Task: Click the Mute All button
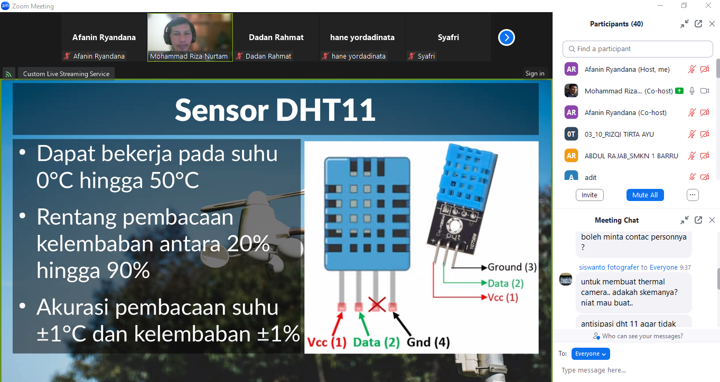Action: click(x=645, y=195)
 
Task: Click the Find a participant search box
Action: click(x=638, y=49)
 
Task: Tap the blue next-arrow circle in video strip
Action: click(x=507, y=37)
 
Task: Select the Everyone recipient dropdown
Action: click(x=591, y=354)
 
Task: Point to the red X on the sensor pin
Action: click(x=377, y=304)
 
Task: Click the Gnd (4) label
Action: click(x=428, y=342)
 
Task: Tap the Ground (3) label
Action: click(x=512, y=267)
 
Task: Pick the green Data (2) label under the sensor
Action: click(x=376, y=342)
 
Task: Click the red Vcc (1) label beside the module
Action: click(x=503, y=297)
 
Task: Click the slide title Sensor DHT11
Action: click(x=275, y=110)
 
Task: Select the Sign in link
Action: click(x=535, y=73)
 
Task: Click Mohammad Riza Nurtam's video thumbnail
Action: click(x=190, y=37)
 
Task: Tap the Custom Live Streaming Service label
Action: click(x=66, y=74)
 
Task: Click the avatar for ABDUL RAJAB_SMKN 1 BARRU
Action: click(x=571, y=156)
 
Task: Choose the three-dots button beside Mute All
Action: click(x=693, y=195)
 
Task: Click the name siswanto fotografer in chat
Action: click(x=609, y=268)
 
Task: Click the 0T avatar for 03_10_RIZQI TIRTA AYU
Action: click(x=571, y=134)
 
